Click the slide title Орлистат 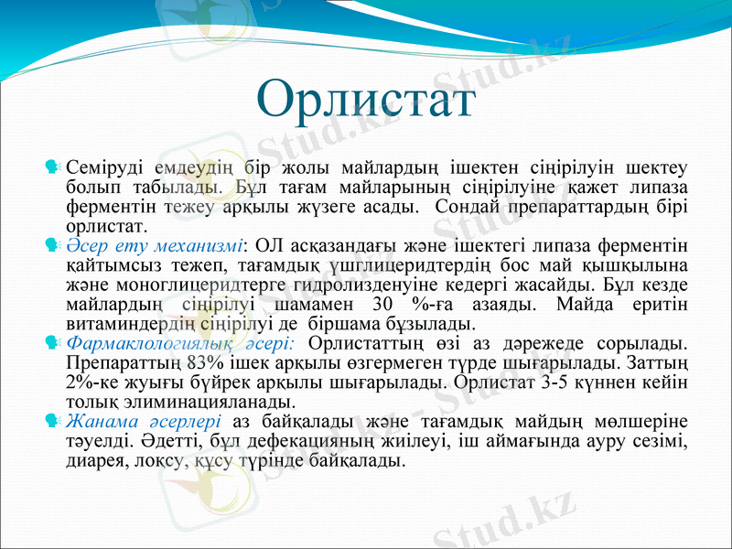point(366,100)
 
